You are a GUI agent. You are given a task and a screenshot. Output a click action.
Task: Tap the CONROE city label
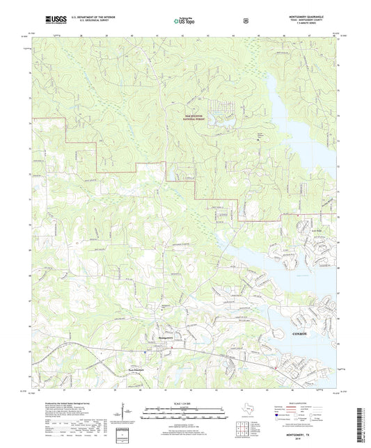[298, 334]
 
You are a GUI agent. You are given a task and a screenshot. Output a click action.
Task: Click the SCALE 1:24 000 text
[185, 403]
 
